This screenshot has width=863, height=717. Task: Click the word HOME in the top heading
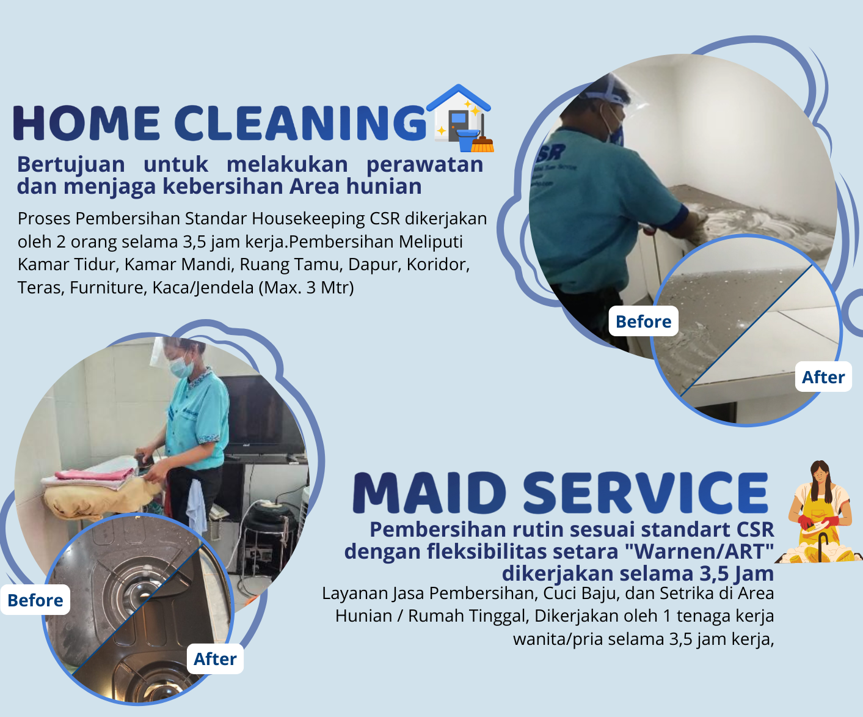(86, 123)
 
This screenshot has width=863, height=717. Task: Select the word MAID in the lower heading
(429, 493)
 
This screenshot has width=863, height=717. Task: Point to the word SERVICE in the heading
(646, 493)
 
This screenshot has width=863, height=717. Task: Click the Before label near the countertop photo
(644, 322)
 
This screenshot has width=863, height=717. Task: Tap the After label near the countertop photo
(823, 377)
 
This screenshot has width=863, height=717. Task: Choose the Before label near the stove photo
(35, 600)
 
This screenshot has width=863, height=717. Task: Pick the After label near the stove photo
(215, 659)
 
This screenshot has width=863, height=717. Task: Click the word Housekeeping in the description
(308, 218)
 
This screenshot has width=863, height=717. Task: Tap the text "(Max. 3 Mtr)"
(306, 287)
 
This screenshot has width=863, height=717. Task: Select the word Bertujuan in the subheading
(71, 164)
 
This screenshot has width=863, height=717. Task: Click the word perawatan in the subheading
(425, 165)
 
